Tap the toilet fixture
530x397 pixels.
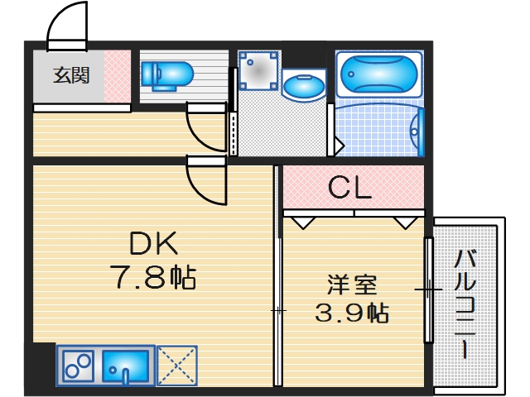click(166, 75)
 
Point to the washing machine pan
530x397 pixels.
click(258, 71)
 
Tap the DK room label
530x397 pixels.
click(153, 245)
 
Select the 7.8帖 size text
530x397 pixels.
click(153, 276)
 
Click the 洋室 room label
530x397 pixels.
click(352, 285)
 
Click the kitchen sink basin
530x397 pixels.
click(126, 364)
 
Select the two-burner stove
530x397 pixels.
click(78, 365)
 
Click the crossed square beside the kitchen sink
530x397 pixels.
click(177, 364)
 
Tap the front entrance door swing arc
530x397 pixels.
click(66, 23)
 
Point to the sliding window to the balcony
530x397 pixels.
click(429, 289)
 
